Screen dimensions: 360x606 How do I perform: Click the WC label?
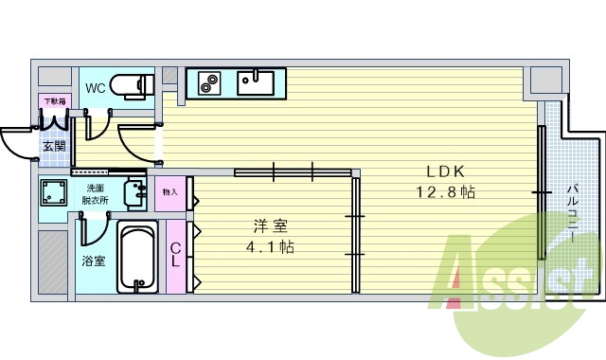click(x=96, y=88)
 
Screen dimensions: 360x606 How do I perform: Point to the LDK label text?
click(x=445, y=172)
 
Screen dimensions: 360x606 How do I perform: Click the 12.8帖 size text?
click(x=445, y=192)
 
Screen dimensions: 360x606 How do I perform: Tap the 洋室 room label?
click(x=271, y=227)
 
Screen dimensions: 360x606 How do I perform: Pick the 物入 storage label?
click(x=170, y=192)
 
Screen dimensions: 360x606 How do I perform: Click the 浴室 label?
click(x=92, y=260)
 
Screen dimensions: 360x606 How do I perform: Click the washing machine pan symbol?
click(x=54, y=195)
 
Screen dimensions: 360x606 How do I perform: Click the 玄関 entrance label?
click(x=54, y=147)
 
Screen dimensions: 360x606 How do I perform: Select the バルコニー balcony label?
click(x=573, y=213)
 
